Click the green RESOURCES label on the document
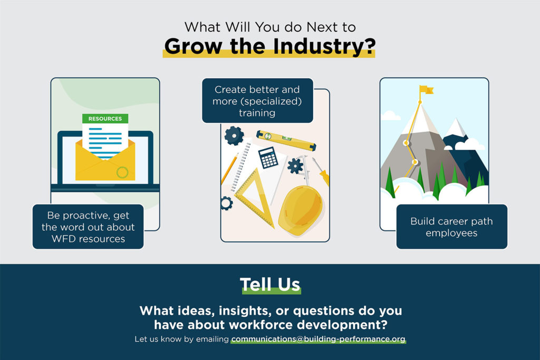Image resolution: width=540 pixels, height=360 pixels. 105,119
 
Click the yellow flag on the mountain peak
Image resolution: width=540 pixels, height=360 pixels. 426,90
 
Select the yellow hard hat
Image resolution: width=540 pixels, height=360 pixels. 301,210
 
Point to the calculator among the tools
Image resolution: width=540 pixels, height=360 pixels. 268,158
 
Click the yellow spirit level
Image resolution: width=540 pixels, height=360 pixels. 286,140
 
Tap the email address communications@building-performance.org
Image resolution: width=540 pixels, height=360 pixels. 318,339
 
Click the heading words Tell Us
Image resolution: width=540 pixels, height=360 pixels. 270,285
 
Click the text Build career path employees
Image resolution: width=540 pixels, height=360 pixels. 451,227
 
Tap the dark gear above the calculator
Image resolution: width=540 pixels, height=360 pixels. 234,135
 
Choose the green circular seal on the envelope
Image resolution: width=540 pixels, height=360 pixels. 122,172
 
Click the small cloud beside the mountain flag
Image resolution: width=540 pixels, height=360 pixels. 390,115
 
